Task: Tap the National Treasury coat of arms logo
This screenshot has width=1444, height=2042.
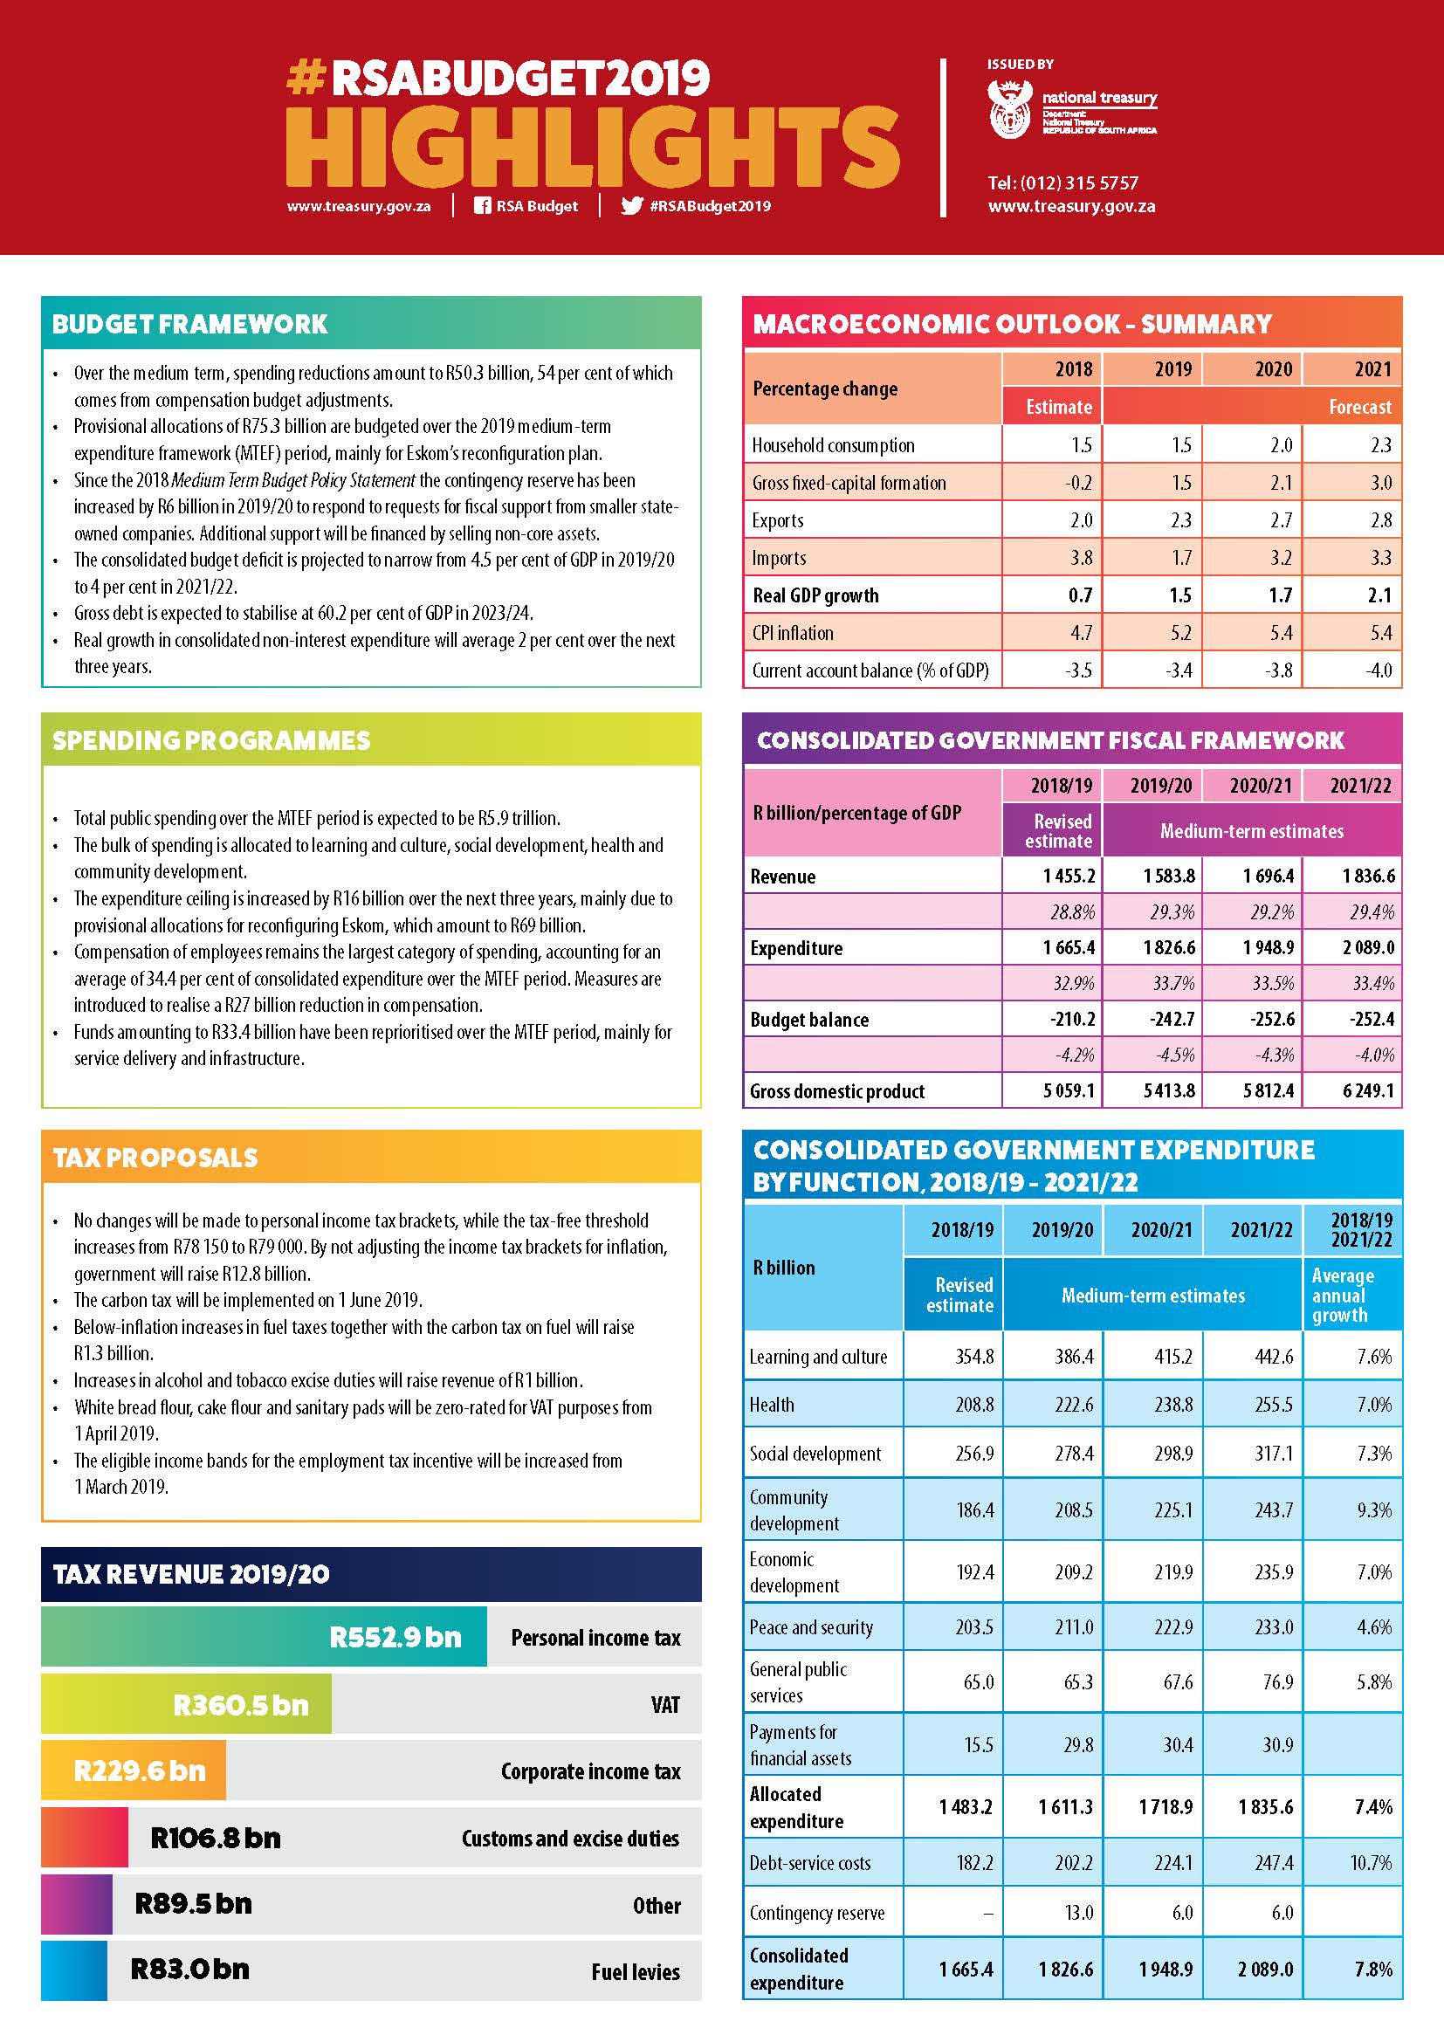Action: [1010, 109]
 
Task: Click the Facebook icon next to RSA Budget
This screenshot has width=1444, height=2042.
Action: [482, 206]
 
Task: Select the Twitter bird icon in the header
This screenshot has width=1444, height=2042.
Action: [631, 206]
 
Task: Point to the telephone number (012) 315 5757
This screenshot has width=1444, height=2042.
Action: [1062, 183]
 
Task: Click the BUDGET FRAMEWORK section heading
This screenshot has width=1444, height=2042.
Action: [190, 324]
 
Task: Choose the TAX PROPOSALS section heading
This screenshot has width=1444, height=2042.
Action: [155, 1157]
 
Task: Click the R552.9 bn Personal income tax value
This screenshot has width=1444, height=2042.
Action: [395, 1637]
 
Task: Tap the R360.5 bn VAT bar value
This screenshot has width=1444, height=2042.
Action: [240, 1705]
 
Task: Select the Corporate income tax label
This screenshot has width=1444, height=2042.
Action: [590, 1771]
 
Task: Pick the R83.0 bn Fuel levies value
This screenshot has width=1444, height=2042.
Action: [189, 1969]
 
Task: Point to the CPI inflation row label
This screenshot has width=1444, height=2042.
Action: [793, 633]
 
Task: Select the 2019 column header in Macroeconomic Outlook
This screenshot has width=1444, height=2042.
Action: [1172, 369]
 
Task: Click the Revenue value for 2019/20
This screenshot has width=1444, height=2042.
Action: [1168, 876]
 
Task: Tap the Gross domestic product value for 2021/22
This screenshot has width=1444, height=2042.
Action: [1367, 1090]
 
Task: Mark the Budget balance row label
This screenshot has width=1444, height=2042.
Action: [809, 1019]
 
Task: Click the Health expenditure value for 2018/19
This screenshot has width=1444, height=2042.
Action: [974, 1406]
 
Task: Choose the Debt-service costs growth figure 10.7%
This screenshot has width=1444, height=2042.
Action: [1370, 1862]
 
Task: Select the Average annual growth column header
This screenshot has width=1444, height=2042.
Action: [1343, 1295]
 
